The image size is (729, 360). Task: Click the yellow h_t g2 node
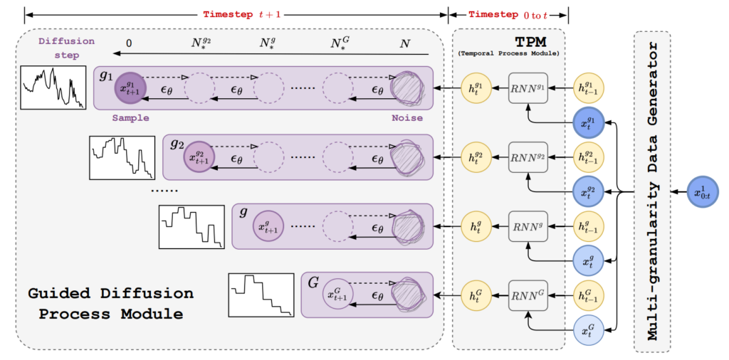[475, 156]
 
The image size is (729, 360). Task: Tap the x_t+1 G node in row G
[338, 295]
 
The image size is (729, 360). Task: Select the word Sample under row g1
[129, 118]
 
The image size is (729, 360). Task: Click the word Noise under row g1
[407, 118]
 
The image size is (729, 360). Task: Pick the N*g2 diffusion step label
[200, 43]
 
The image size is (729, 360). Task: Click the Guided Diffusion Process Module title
[110, 303]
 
